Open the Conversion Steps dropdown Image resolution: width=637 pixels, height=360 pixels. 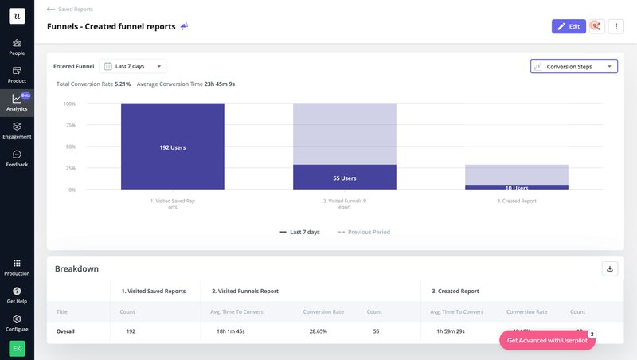tap(573, 67)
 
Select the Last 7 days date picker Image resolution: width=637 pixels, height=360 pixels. tap(133, 67)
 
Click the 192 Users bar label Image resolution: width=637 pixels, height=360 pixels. tap(173, 147)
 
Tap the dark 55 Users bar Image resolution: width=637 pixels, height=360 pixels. tap(344, 178)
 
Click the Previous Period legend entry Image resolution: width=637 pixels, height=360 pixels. tap(364, 232)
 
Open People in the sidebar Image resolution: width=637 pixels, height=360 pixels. tap(17, 47)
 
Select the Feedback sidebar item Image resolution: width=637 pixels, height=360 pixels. tap(17, 158)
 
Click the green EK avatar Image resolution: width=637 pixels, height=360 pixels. tap(17, 348)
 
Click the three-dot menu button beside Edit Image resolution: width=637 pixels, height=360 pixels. tap(616, 26)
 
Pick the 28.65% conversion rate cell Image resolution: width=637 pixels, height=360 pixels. tap(322, 331)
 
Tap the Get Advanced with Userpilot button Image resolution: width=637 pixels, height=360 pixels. tap(547, 340)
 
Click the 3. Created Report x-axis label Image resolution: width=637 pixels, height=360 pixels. tap(516, 201)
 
